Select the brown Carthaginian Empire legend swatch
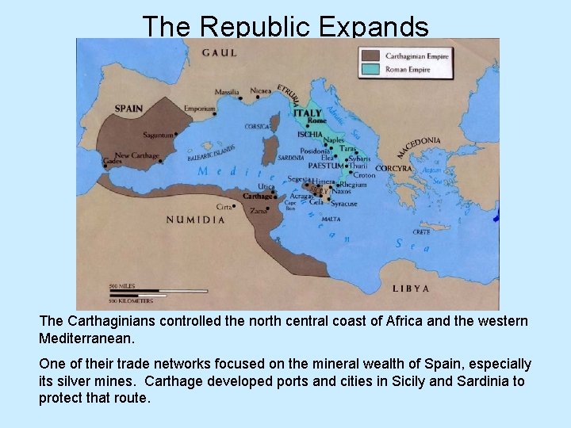(x=370, y=56)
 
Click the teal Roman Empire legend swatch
(x=370, y=69)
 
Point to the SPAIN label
(x=129, y=108)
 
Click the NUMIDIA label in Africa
(x=195, y=220)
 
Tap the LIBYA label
(x=411, y=289)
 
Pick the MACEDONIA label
(x=420, y=147)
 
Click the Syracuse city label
(x=343, y=204)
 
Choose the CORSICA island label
(x=258, y=126)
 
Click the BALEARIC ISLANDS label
(x=212, y=153)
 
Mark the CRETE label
(x=422, y=232)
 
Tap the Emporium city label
(x=199, y=109)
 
